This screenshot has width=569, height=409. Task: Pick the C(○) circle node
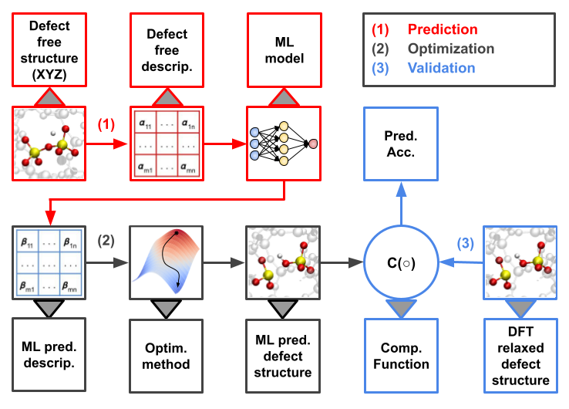pos(401,262)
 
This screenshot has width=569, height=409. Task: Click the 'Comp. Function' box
pos(401,356)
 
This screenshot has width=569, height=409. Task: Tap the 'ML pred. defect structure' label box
pos(283,356)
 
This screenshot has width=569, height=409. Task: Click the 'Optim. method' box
pos(166,356)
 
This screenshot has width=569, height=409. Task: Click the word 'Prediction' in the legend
pos(443,30)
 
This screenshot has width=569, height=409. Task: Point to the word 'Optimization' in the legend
pos(451,49)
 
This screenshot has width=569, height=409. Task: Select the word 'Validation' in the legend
pos(442,68)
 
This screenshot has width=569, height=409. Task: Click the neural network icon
pos(284,144)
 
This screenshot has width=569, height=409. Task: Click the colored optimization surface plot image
pos(166,262)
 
